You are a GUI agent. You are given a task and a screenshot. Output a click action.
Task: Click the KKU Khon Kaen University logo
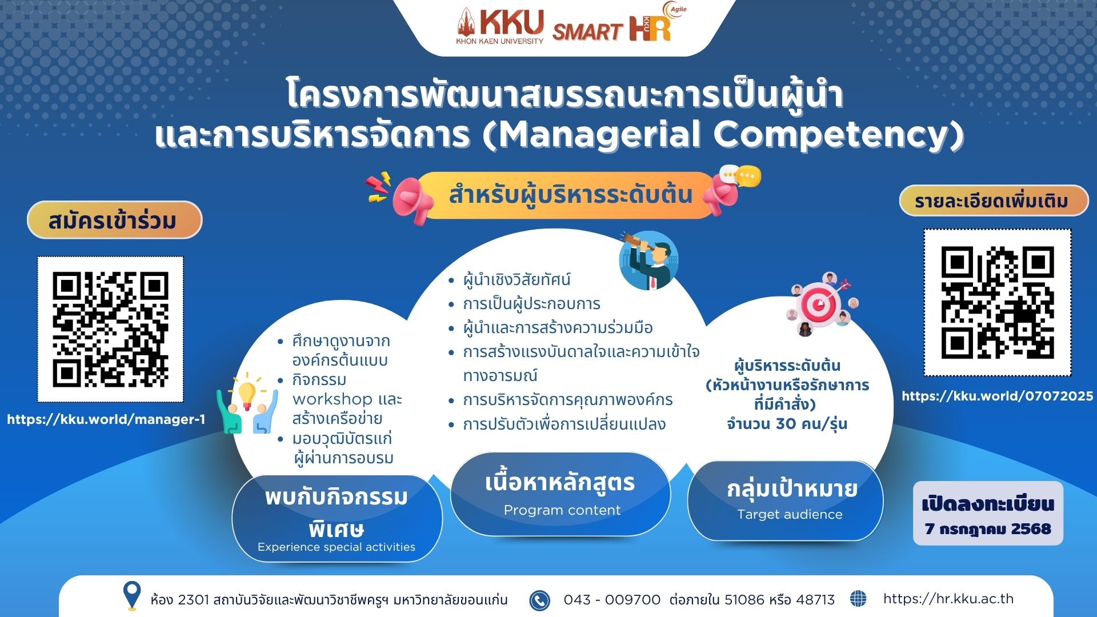tap(500, 26)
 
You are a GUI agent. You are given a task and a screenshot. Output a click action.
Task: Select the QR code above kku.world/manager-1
tap(110, 329)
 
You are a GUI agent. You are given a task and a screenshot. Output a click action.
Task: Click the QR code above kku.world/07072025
tap(998, 302)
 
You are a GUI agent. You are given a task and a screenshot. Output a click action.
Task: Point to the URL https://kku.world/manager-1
tap(106, 419)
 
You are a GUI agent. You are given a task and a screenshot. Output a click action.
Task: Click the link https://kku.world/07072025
tap(998, 396)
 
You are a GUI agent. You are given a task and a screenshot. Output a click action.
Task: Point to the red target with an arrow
tap(821, 305)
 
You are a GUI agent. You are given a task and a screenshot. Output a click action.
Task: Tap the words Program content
tap(562, 510)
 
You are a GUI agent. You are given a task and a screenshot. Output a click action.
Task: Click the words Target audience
tap(790, 514)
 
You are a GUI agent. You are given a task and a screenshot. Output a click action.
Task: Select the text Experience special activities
tap(337, 547)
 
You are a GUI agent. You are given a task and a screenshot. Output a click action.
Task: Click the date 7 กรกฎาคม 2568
tap(988, 529)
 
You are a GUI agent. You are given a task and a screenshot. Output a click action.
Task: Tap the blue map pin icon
tap(132, 595)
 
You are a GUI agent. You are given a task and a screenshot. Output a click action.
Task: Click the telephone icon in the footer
tap(539, 600)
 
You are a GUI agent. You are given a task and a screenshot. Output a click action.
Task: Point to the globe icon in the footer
tap(858, 599)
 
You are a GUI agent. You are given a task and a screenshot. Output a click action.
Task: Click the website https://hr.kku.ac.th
tap(948, 599)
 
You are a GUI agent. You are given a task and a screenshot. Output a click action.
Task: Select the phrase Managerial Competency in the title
tap(724, 135)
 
